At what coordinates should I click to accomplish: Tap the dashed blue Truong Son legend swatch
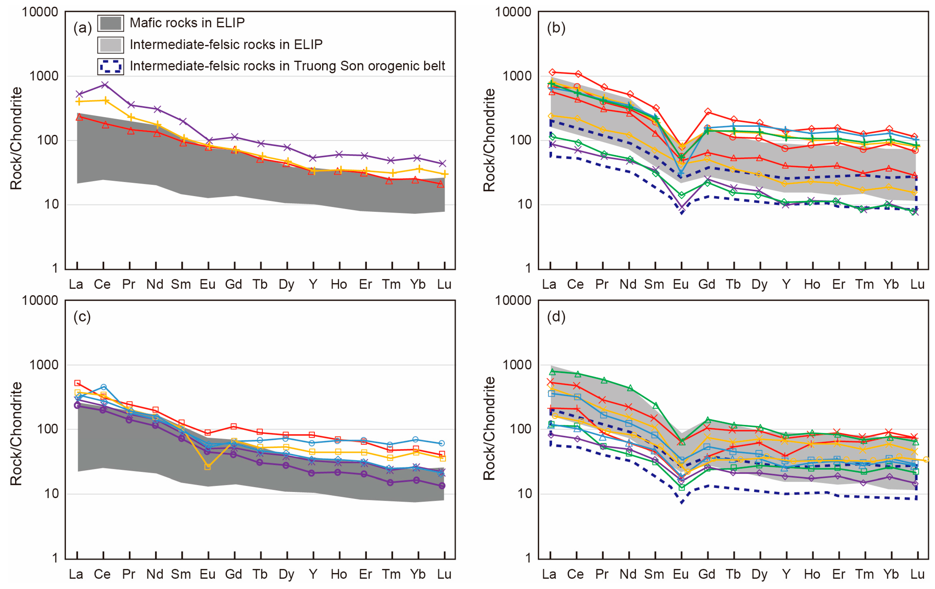[x=111, y=66]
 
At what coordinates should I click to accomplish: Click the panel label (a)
[x=82, y=28]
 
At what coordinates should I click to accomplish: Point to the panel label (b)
[x=556, y=28]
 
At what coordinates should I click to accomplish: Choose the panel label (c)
[x=82, y=317]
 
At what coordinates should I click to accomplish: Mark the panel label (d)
[x=556, y=317]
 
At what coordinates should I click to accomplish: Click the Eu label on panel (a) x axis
[x=208, y=285]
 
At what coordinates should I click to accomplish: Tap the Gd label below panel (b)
[x=707, y=285]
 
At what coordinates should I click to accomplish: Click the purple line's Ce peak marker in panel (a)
[x=104, y=85]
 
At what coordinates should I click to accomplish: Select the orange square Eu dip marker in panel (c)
[x=208, y=467]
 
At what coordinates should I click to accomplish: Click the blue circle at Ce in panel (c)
[x=104, y=387]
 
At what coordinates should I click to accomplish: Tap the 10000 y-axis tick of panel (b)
[x=513, y=12]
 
